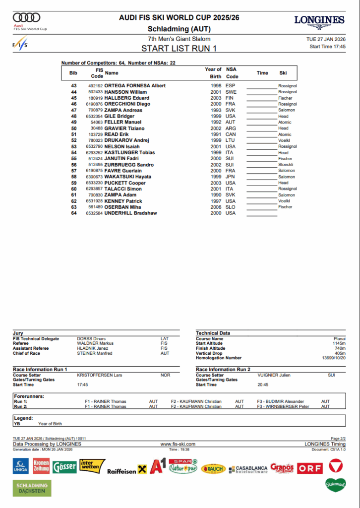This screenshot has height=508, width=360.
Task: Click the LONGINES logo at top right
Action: [x=319, y=20]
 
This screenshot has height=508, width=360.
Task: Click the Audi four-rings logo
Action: [x=26, y=17]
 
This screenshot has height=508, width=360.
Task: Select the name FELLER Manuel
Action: [x=120, y=122]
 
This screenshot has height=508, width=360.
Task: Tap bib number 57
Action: [x=74, y=171]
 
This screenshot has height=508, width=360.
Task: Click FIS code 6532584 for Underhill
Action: [x=95, y=213]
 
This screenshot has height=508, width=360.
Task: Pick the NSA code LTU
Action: [x=231, y=140]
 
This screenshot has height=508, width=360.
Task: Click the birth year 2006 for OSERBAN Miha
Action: [x=216, y=207]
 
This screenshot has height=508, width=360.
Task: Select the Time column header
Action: [x=262, y=73]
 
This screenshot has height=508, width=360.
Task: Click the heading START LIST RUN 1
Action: [x=179, y=49]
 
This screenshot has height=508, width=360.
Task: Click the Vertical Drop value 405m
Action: [x=340, y=353]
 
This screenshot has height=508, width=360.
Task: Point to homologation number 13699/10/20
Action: [x=333, y=358]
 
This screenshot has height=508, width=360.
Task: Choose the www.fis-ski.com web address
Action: [x=178, y=444]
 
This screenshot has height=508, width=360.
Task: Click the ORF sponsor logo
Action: [x=310, y=467]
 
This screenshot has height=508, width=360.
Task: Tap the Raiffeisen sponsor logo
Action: [x=126, y=470]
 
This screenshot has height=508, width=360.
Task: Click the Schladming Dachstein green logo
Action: [x=32, y=488]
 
